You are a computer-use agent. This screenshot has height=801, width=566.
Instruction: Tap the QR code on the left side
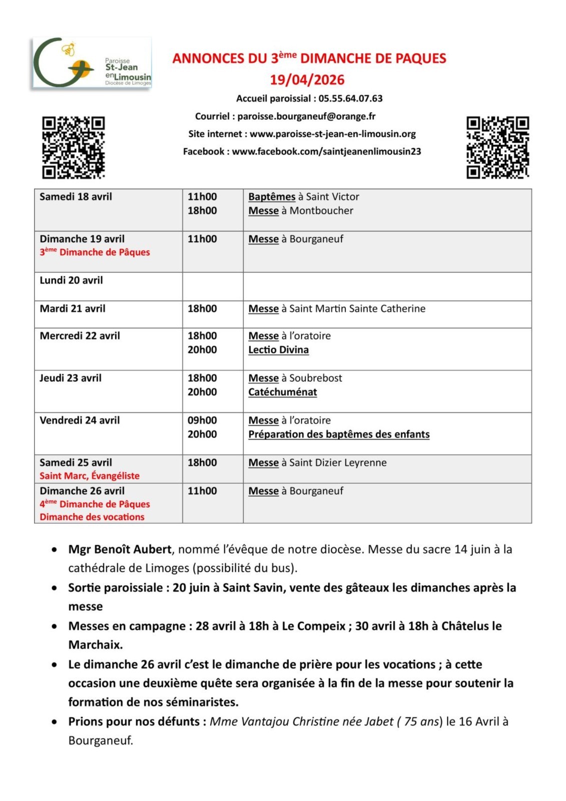(x=73, y=147)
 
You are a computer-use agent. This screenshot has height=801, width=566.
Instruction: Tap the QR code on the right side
(x=497, y=147)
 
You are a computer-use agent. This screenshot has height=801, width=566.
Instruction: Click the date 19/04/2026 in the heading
(x=307, y=80)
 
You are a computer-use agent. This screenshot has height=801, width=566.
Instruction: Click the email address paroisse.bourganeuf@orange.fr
(x=306, y=117)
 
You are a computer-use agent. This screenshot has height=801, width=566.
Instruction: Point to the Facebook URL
(x=326, y=152)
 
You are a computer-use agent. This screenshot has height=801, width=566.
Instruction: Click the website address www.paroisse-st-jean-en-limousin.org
(x=333, y=134)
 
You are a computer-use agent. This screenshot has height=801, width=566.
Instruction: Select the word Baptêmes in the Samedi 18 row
(x=272, y=197)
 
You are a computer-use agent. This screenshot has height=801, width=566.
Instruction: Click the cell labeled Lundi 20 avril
(x=72, y=280)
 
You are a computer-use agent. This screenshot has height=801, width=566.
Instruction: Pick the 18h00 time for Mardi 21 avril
(x=202, y=309)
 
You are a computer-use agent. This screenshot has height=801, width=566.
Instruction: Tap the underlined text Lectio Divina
(x=278, y=350)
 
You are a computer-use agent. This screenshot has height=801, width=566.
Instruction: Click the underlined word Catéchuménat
(x=283, y=392)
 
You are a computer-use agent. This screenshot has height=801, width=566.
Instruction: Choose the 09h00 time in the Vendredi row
(x=202, y=421)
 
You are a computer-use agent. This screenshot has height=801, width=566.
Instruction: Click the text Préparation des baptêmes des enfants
(x=339, y=435)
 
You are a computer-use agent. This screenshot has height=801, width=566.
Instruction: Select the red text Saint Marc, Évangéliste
(x=90, y=476)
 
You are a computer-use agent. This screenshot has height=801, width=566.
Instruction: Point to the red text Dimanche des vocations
(x=92, y=517)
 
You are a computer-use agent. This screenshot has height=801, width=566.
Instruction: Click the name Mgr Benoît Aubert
(x=120, y=549)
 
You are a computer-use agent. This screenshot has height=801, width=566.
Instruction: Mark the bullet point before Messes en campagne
(x=54, y=626)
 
